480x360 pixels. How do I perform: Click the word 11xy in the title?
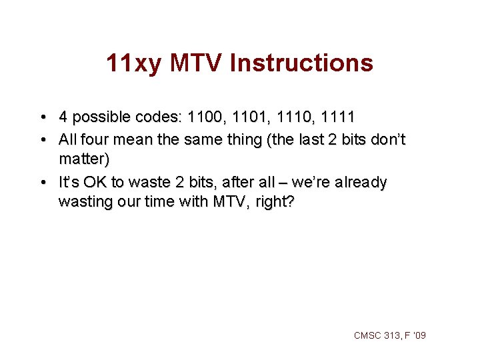pyautogui.click(x=133, y=63)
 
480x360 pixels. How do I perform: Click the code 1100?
pyautogui.click(x=207, y=118)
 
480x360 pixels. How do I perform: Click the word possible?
pyautogui.click(x=97, y=118)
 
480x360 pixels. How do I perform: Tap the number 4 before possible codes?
pyautogui.click(x=63, y=118)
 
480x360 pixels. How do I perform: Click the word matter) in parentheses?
pyautogui.click(x=84, y=160)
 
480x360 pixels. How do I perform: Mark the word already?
pyautogui.click(x=361, y=182)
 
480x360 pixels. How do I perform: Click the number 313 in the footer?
pyautogui.click(x=392, y=335)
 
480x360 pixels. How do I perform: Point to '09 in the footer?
pyautogui.click(x=419, y=335)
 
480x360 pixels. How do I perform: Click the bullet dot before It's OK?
pyautogui.click(x=43, y=183)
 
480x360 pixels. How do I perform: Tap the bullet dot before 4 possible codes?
pyautogui.click(x=43, y=119)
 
